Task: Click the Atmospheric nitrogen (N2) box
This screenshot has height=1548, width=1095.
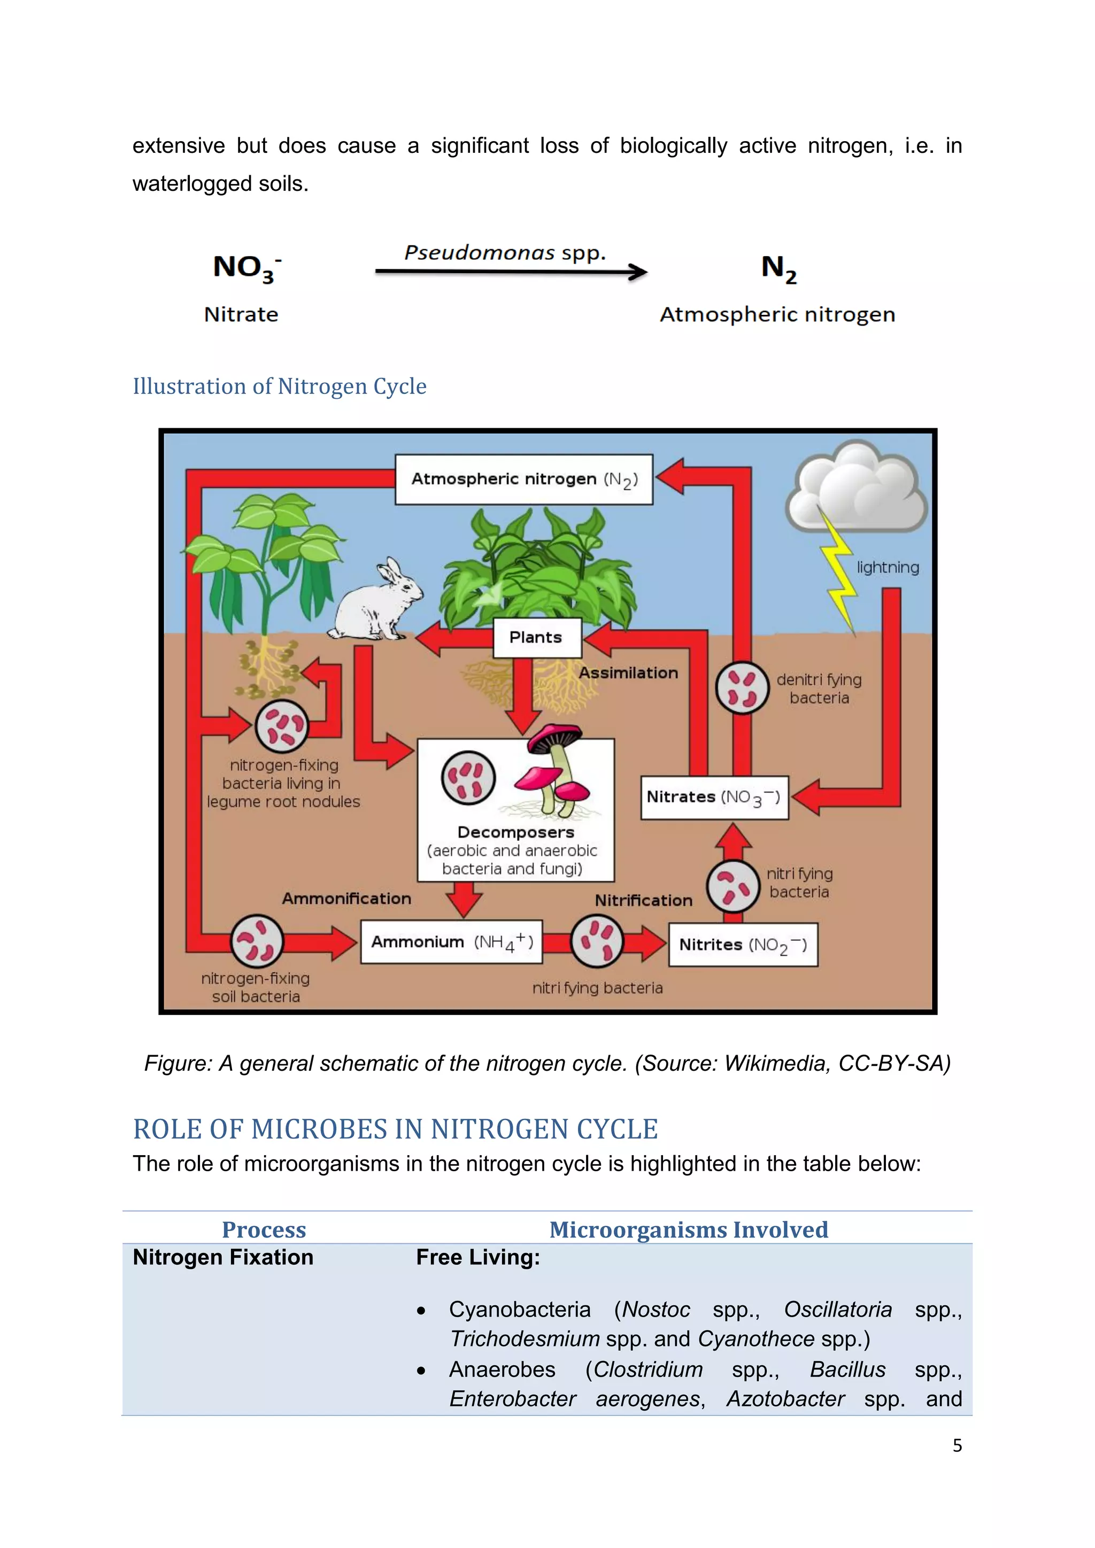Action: click(x=524, y=479)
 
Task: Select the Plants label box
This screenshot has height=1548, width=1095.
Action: click(x=537, y=637)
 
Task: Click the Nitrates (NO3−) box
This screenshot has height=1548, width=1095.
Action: click(x=714, y=797)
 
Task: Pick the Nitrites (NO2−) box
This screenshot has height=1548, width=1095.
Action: click(x=742, y=945)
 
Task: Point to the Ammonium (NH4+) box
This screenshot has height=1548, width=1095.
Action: click(x=451, y=942)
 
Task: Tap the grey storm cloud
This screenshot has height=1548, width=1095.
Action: click(x=857, y=485)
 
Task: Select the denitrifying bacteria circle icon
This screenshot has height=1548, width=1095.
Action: click(x=742, y=687)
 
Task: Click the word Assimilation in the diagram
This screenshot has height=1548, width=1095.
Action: click(x=628, y=673)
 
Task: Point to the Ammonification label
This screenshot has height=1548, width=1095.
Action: click(x=346, y=899)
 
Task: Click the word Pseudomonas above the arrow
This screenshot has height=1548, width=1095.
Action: click(x=480, y=253)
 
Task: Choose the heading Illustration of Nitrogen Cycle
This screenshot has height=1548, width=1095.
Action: click(x=279, y=386)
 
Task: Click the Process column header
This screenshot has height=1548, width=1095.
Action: click(x=264, y=1230)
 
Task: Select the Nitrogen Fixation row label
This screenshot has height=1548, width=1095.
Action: click(x=223, y=1257)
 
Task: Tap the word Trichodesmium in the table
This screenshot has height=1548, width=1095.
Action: click(x=525, y=1338)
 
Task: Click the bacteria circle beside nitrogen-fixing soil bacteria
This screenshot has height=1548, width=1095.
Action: click(x=257, y=941)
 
